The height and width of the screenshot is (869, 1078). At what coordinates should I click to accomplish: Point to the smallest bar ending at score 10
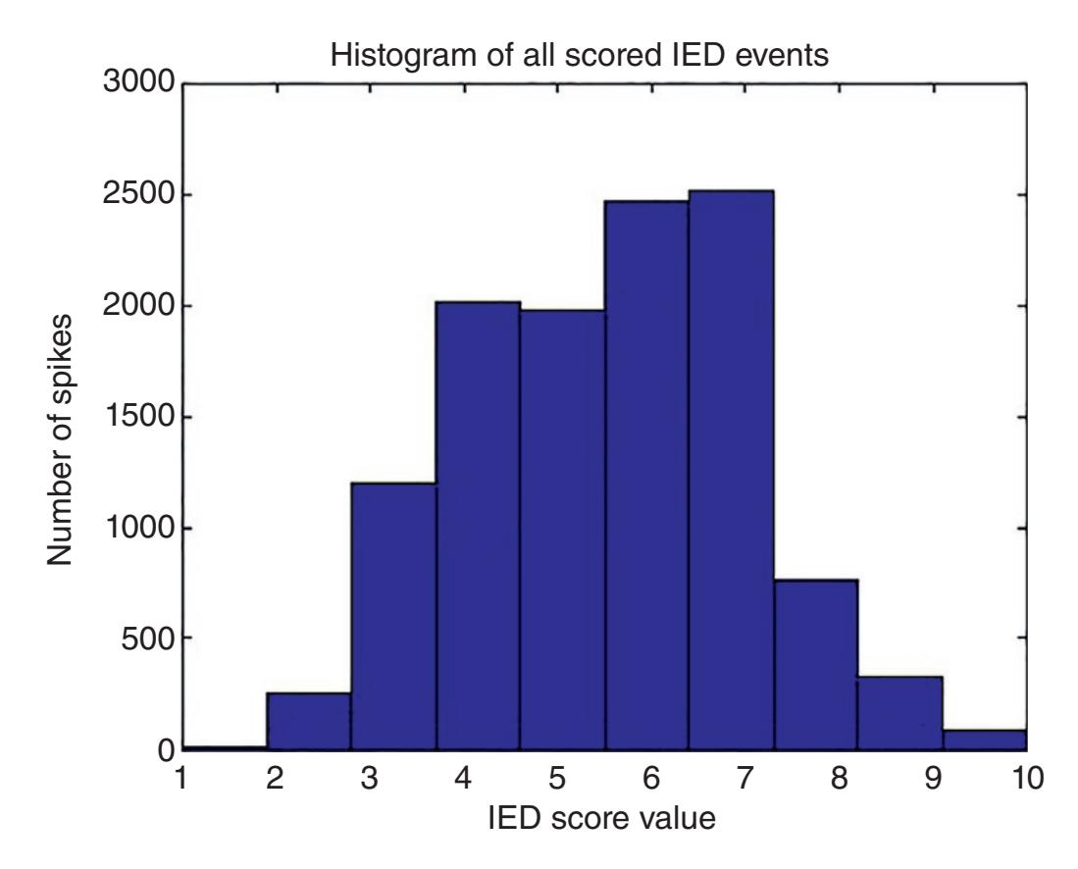(x=984, y=740)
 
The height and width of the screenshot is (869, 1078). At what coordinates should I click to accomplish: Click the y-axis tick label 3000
(x=136, y=84)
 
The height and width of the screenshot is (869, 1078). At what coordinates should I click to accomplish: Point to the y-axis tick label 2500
(x=136, y=195)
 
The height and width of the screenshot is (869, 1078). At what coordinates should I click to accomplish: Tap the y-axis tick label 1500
(x=136, y=418)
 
